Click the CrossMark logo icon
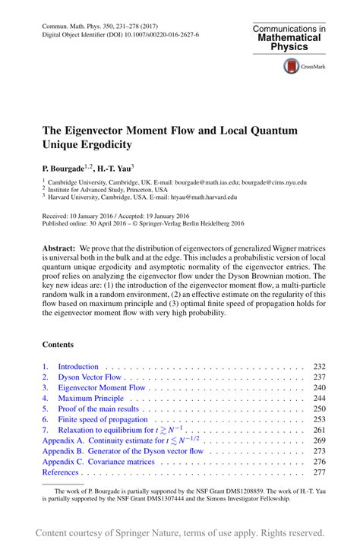click(x=292, y=66)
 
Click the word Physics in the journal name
click(x=289, y=46)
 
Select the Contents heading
click(x=58, y=343)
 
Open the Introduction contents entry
click(x=78, y=366)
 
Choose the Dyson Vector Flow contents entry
click(x=90, y=377)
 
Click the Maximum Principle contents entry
click(x=90, y=398)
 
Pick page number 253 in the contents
click(x=318, y=419)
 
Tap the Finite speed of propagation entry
click(x=103, y=419)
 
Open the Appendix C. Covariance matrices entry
click(x=98, y=461)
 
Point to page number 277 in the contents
click(x=318, y=472)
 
